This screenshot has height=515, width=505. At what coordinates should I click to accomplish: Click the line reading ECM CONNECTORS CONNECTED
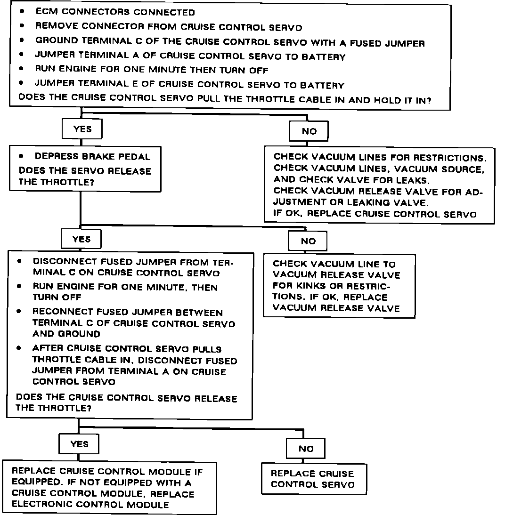coord(115,12)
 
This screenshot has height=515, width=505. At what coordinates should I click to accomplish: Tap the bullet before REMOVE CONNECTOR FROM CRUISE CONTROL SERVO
coord(22,27)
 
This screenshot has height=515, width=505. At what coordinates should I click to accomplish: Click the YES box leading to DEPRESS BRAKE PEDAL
coord(82,129)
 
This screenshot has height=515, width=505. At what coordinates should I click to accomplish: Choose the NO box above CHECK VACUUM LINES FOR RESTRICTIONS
coord(309,131)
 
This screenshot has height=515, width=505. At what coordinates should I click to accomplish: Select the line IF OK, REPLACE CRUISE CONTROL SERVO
coord(375,214)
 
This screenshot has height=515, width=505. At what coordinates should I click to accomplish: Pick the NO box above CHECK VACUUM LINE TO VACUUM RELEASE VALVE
coord(308,241)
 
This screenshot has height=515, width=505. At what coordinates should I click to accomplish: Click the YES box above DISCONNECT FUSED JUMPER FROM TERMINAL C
coord(81,239)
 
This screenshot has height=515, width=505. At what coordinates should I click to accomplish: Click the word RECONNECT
coord(58,312)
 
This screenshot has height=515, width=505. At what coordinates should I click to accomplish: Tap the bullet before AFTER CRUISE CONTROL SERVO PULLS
coord(19,349)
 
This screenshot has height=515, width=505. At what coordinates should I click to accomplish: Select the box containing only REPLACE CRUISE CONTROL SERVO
coord(314,479)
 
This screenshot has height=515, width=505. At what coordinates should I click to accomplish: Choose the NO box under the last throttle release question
coord(306,449)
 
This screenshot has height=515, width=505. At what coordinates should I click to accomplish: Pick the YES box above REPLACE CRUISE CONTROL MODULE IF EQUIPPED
coord(79,444)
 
